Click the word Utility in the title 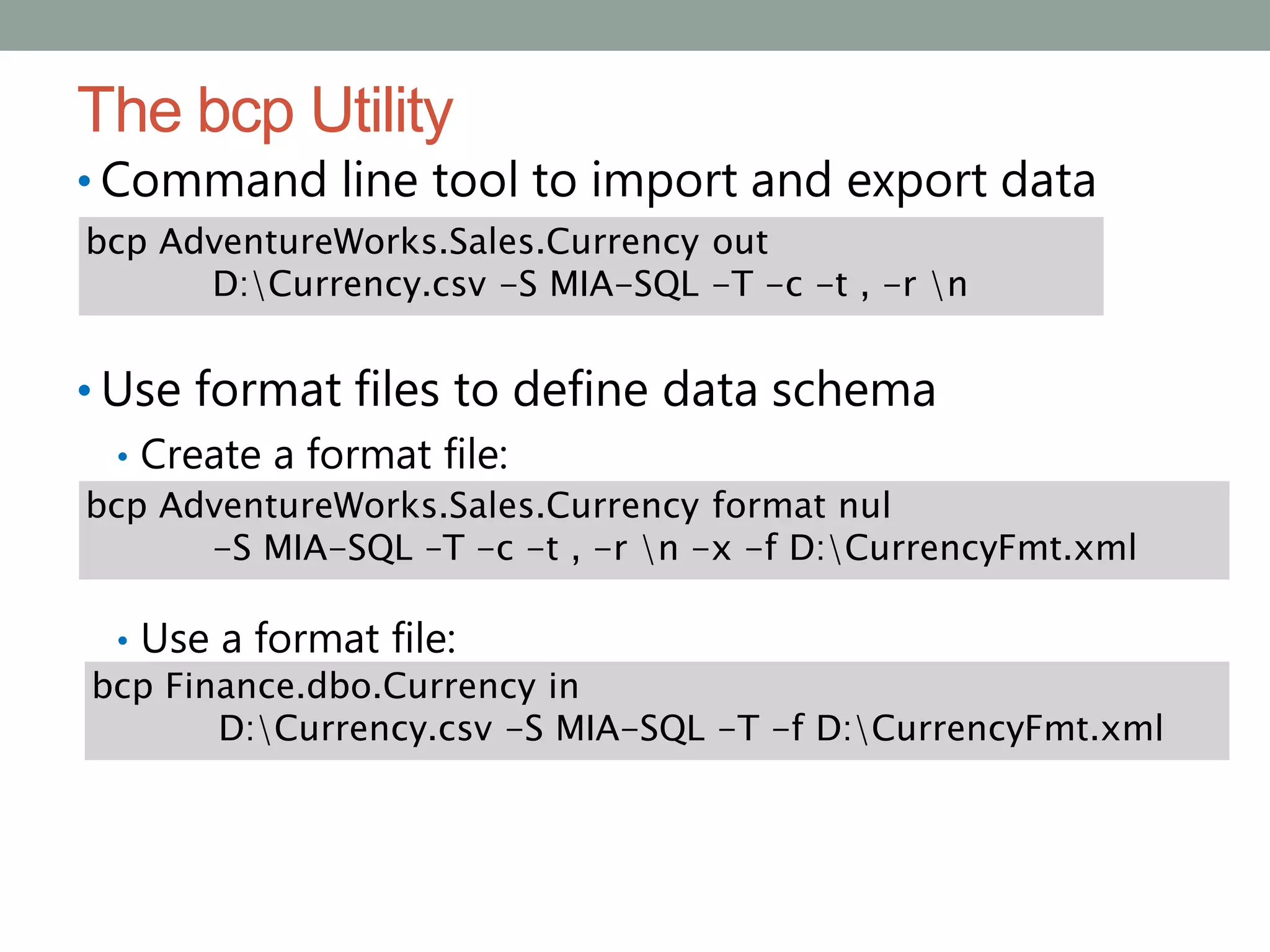383,112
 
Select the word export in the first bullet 916,180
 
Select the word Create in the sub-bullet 201,454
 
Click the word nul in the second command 864,505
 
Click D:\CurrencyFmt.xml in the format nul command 963,549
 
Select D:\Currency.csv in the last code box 355,728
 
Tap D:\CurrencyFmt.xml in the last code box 990,728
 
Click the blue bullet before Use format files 85,390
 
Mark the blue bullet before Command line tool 85,182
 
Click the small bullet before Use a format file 123,640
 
